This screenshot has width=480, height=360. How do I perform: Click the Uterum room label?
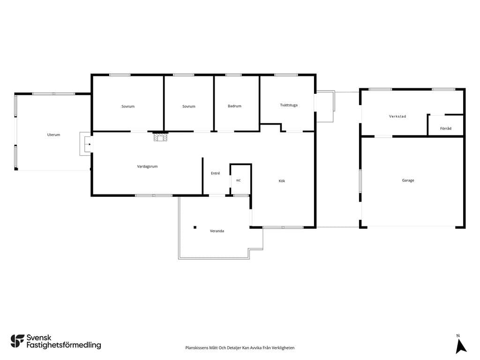coord(53,135)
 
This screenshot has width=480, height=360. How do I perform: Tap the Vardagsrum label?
coord(147,166)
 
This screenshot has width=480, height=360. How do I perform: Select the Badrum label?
coord(234,106)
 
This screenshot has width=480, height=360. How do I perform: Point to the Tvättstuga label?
coord(289,105)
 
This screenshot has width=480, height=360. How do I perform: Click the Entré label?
coord(216,173)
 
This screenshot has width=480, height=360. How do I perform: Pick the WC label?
coord(239,180)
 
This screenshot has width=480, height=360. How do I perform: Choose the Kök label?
coord(282,181)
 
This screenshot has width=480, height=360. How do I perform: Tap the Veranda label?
coord(217,231)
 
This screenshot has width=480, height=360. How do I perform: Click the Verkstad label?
coord(397,116)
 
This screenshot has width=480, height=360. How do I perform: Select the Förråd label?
coord(446,128)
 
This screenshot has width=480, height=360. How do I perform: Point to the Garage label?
coord(408,180)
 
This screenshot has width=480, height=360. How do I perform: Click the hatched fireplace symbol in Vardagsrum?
coord(160,137)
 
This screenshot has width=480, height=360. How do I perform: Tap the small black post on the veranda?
coord(195,227)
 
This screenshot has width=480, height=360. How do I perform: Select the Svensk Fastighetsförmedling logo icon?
coord(17,341)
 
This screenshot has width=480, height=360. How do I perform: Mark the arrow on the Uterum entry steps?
coord(89,144)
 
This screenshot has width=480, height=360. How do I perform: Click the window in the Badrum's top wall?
coord(233,75)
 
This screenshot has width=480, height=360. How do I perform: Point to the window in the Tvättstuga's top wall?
coord(286,75)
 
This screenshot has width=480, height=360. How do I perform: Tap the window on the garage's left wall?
coord(360,181)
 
